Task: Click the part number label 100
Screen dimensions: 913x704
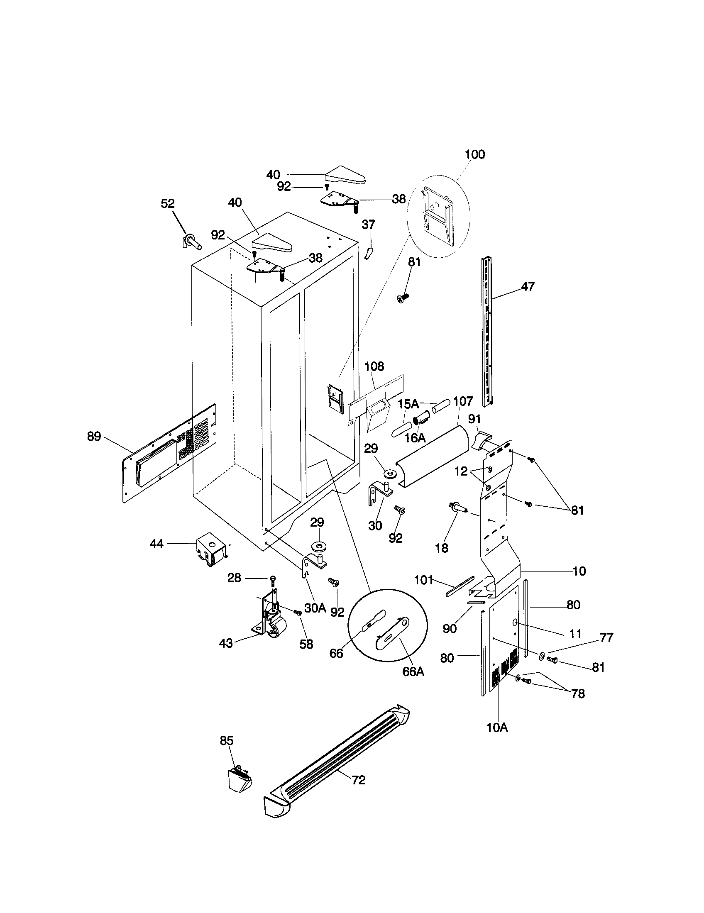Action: tap(475, 154)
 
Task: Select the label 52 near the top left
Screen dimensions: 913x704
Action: tap(168, 204)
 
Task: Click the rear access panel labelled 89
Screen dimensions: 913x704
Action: tap(169, 454)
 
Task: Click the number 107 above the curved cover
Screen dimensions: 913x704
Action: tap(463, 401)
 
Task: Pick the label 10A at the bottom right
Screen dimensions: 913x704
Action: tap(497, 728)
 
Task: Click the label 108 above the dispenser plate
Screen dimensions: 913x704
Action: tap(374, 366)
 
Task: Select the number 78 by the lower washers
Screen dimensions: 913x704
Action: tap(578, 694)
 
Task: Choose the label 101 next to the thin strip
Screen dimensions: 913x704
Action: tap(423, 580)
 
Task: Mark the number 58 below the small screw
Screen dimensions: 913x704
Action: tap(306, 644)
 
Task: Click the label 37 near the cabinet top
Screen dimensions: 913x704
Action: tap(368, 225)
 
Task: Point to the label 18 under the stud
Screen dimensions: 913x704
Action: tap(442, 548)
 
